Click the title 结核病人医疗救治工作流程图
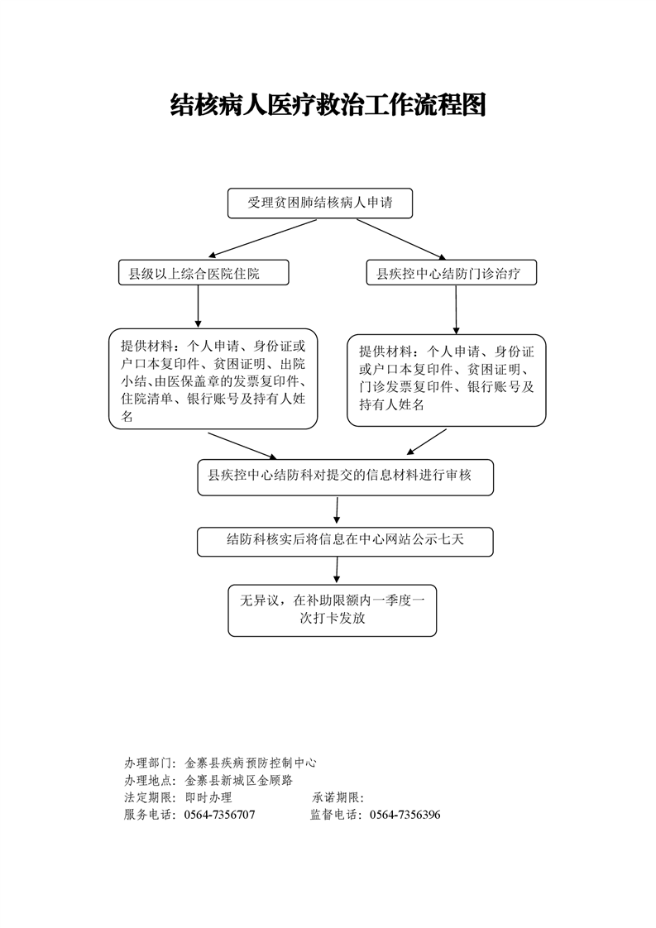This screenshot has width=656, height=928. [x=328, y=105]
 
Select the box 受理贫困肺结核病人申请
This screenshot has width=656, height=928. [x=320, y=203]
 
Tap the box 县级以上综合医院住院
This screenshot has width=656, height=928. [x=204, y=273]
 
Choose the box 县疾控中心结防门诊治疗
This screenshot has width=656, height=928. [x=451, y=273]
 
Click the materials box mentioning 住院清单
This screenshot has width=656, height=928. [x=213, y=380]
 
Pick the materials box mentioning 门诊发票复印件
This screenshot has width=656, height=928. [x=446, y=380]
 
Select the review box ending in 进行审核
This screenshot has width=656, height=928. [x=345, y=477]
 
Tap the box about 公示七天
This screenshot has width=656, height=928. [x=345, y=541]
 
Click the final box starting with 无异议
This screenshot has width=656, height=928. [x=332, y=610]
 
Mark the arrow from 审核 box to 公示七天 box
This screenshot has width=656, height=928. [x=337, y=509]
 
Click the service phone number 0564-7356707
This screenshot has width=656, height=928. [x=219, y=815]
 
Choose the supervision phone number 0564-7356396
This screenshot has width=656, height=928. [x=405, y=815]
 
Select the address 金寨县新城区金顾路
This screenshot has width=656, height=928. [x=238, y=780]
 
